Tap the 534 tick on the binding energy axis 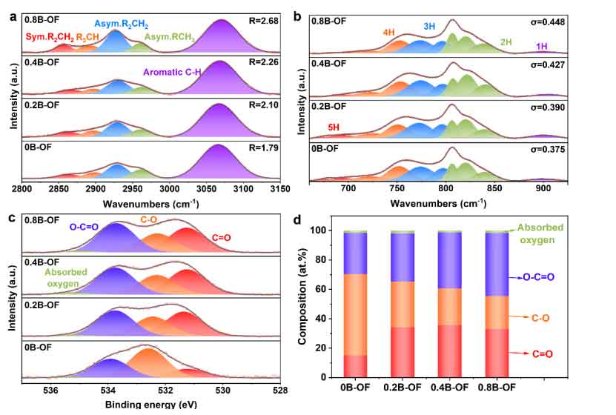point(108,391)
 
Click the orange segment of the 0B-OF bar point(355,315)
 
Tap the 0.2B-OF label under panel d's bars point(403,388)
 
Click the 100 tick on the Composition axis point(323,230)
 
